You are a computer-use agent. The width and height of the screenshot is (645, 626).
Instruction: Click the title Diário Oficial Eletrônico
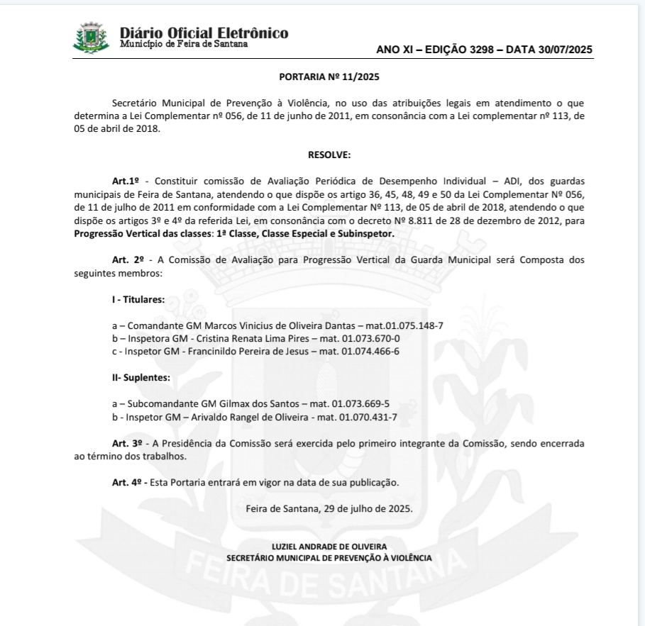(x=204, y=33)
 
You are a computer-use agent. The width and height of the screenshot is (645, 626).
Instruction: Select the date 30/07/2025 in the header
(x=557, y=50)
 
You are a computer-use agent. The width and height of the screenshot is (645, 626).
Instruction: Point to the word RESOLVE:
(x=329, y=154)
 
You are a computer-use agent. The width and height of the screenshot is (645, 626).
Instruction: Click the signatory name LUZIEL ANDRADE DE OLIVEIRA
(x=329, y=547)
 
